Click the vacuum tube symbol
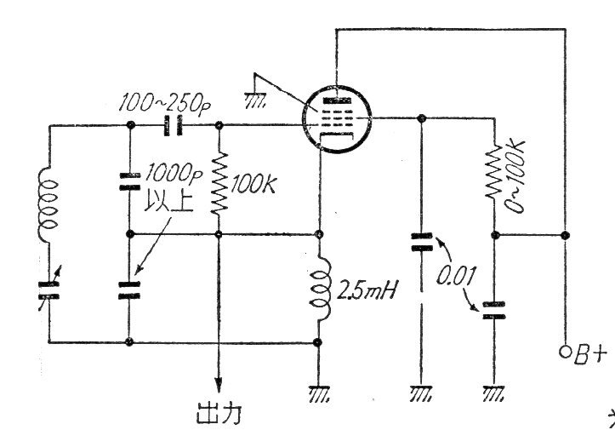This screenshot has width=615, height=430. tap(339, 118)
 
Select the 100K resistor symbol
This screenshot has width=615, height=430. tap(219, 182)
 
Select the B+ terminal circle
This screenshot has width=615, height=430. tap(564, 351)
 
